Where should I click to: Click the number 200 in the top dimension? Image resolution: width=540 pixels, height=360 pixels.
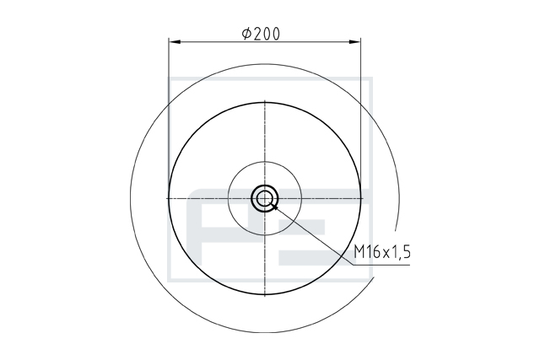coord(267,34)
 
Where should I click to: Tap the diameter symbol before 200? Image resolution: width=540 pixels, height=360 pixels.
coord(247,34)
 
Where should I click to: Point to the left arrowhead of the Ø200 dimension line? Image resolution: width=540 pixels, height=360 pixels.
coord(175,42)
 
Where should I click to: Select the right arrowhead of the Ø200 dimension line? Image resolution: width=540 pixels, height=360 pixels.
coord(355,42)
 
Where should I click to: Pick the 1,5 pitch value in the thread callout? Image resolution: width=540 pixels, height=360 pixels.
coord(401,252)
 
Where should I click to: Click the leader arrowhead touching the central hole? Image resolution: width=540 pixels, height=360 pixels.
coord(273,207)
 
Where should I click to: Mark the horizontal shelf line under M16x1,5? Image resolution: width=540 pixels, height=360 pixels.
coord(381,265)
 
